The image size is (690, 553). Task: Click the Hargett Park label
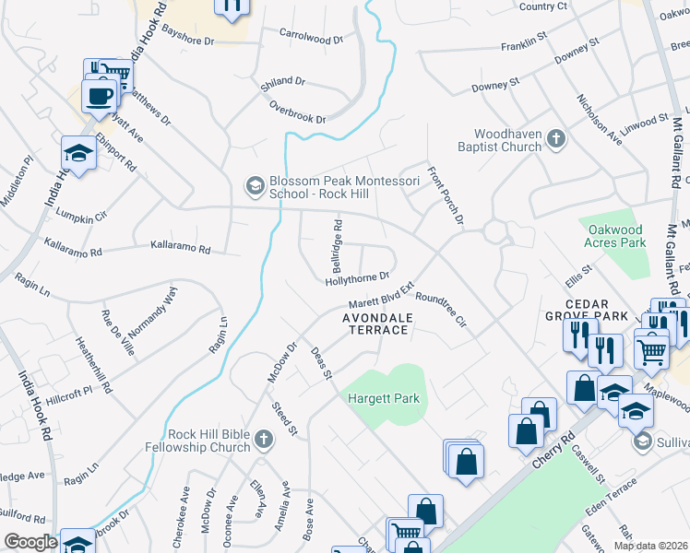(384, 399)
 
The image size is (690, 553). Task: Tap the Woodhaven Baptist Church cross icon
(555, 139)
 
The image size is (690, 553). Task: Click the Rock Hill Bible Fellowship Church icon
(263, 440)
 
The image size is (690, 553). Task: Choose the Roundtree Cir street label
(442, 311)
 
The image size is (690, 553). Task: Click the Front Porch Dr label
(445, 195)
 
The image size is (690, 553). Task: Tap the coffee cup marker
(99, 94)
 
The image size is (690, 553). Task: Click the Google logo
(30, 543)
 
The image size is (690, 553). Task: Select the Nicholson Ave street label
(600, 119)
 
